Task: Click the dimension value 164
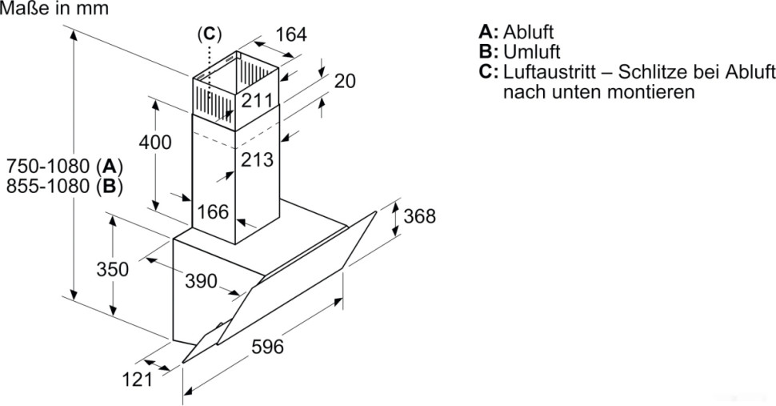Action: (x=290, y=35)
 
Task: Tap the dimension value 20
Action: (x=345, y=81)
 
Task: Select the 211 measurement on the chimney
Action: (x=258, y=101)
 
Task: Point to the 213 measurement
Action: (x=257, y=159)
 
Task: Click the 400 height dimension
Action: (x=155, y=143)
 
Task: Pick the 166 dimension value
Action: (x=213, y=212)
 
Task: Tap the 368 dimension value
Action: (x=420, y=216)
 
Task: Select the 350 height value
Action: (x=113, y=269)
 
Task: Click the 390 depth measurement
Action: (x=201, y=281)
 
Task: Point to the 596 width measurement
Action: (x=268, y=347)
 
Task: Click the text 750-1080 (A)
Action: (x=63, y=167)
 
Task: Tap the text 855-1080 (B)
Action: (x=63, y=187)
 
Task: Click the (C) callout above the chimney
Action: (x=209, y=34)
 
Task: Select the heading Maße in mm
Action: (x=54, y=9)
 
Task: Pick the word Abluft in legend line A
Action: (x=529, y=33)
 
